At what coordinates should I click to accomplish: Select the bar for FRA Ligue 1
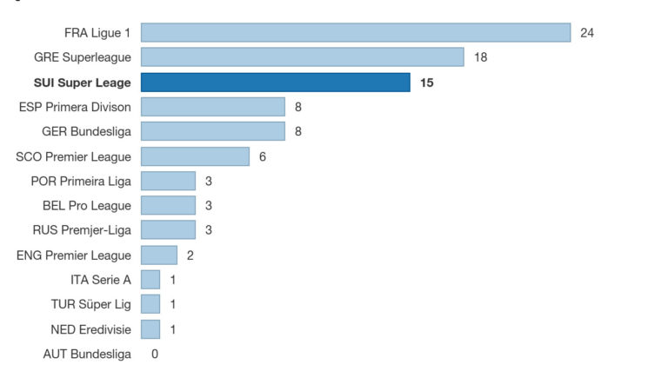pyautogui.click(x=355, y=33)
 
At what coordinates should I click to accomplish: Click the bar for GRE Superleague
pyautogui.click(x=302, y=57)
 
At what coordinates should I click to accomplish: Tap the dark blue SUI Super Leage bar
pyautogui.click(x=275, y=83)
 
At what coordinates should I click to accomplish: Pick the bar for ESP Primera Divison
pyautogui.click(x=212, y=107)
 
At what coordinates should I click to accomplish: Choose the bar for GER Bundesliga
pyautogui.click(x=212, y=131)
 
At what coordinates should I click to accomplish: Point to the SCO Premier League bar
pyautogui.click(x=195, y=156)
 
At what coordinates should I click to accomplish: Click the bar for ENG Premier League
pyautogui.click(x=158, y=255)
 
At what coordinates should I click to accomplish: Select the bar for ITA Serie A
pyautogui.click(x=150, y=280)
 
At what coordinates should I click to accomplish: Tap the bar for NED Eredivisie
pyautogui.click(x=150, y=329)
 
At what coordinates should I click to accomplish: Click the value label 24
pyautogui.click(x=587, y=33)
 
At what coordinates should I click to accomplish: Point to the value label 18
pyautogui.click(x=481, y=57)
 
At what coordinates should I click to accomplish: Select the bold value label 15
pyautogui.click(x=426, y=83)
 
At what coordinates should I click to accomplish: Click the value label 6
pyautogui.click(x=263, y=156)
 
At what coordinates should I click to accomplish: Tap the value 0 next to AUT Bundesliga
pyautogui.click(x=155, y=354)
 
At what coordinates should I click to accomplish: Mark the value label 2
pyautogui.click(x=190, y=255)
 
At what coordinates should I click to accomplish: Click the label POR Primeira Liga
pyautogui.click(x=81, y=181)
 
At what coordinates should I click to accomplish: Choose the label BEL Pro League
pyautogui.click(x=87, y=206)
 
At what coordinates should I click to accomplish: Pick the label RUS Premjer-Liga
pyautogui.click(x=82, y=230)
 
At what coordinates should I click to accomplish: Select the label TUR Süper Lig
pyautogui.click(x=91, y=304)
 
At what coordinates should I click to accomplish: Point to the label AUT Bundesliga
pyautogui.click(x=87, y=354)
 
